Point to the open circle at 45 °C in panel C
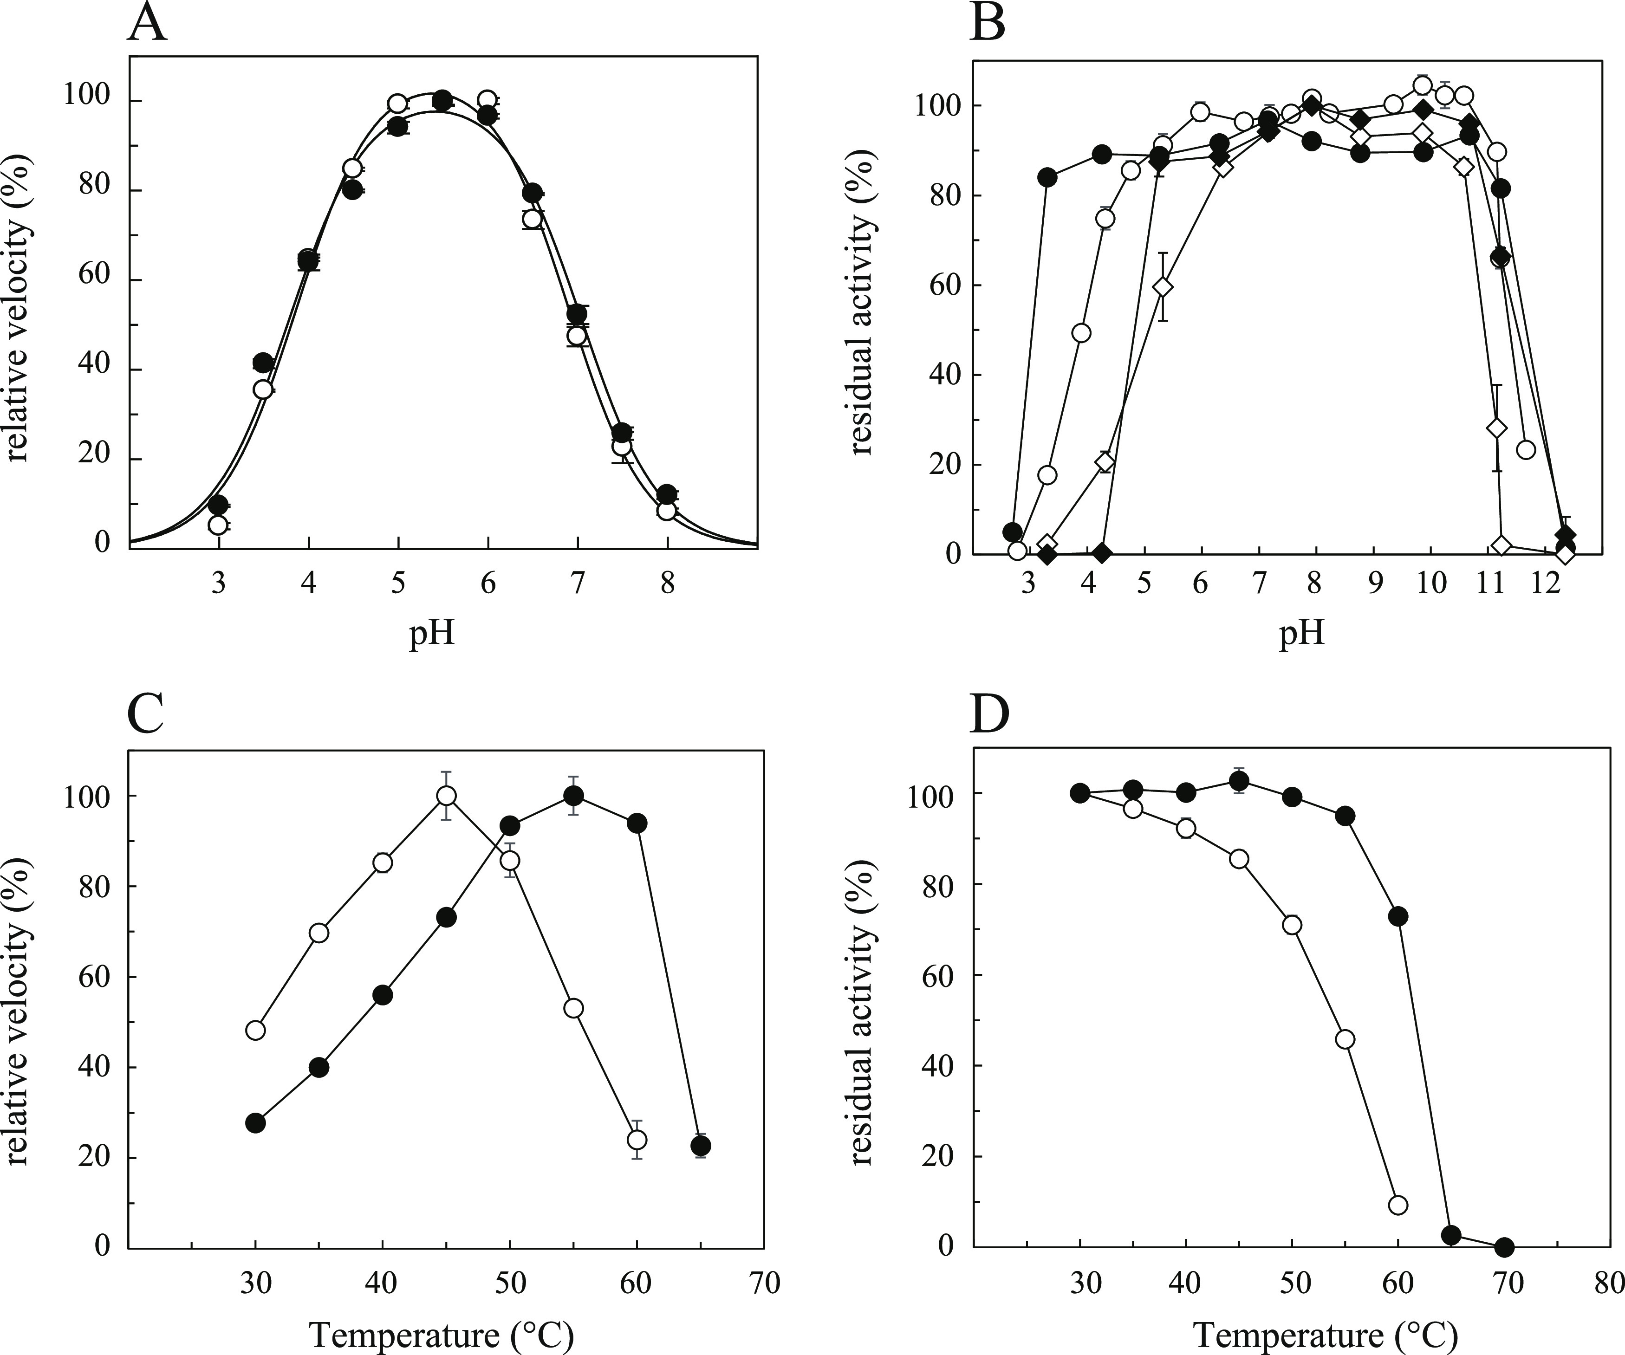click(447, 796)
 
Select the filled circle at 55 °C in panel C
click(573, 796)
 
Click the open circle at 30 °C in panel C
click(255, 1030)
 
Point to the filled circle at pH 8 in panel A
click(667, 494)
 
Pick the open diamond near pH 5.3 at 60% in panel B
click(1162, 286)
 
